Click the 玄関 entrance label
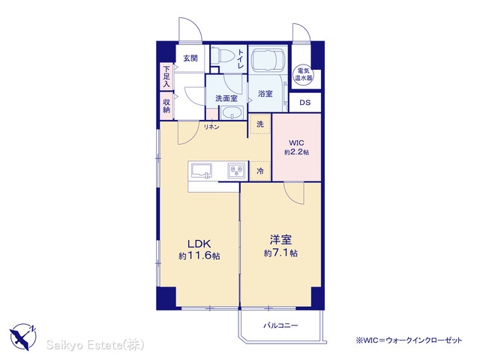tap(190, 58)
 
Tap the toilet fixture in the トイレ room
tap(223, 55)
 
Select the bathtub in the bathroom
tap(268, 60)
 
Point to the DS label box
tap(305, 103)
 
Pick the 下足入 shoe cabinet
tap(166, 76)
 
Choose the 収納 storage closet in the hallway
tap(166, 106)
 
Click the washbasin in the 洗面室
tap(232, 112)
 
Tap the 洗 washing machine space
tap(260, 124)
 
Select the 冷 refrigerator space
tap(260, 171)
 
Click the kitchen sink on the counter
tap(202, 170)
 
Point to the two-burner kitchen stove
tap(236, 170)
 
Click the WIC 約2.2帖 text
tap(296, 147)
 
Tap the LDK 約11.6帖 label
tap(199, 250)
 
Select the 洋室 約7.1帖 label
tap(280, 246)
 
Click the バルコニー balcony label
tap(280, 325)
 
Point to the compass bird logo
tap(23, 337)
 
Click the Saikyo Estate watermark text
tap(95, 345)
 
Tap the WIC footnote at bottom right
tap(409, 340)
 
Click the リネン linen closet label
tap(211, 127)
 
